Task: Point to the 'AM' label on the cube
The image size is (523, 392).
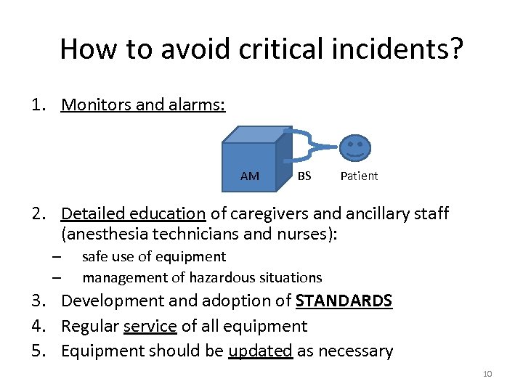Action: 249,176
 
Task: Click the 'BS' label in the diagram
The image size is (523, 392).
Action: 304,176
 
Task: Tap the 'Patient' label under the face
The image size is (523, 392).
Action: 359,176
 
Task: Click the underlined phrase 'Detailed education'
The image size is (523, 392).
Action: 133,213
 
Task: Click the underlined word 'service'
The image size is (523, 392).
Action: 150,326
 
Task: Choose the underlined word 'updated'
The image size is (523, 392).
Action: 260,351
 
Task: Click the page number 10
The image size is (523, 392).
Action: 487,374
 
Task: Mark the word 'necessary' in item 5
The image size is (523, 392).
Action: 357,351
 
